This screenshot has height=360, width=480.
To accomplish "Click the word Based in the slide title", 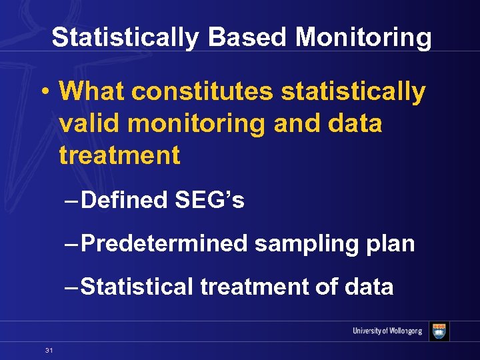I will pos(247,37).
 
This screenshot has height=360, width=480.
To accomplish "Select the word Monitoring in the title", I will pos(363,37).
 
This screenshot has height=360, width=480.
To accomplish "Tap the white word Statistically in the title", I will pos(125,37).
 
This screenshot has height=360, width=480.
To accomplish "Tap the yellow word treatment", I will pos(119,155).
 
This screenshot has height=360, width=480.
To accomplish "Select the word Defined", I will pos(125,200).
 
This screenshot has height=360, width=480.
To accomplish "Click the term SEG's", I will pos(209,200).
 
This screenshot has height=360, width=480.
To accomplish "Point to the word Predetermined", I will pos(164,243).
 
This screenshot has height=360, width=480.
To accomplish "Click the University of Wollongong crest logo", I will pos(439,331).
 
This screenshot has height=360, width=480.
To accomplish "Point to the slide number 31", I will pos(49,350).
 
